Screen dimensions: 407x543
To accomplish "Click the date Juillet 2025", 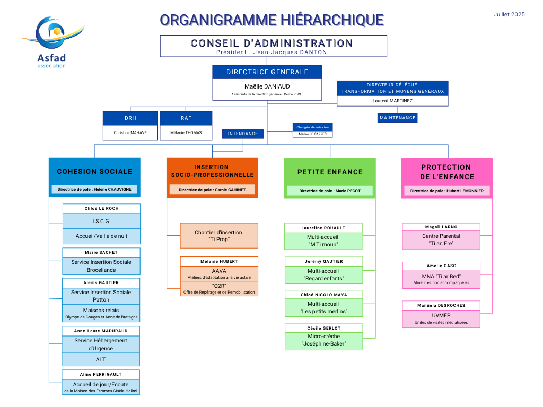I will tap(509, 14).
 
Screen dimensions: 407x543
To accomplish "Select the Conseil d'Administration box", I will tap(273, 46).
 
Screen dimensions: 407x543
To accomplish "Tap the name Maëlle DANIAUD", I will tap(267, 86).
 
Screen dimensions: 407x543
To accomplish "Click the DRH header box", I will tap(130, 118).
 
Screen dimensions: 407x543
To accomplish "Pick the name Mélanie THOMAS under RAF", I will tap(186, 133).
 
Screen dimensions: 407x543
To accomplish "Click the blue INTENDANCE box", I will tap(243, 134).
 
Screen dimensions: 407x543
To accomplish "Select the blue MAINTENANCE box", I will tap(397, 118).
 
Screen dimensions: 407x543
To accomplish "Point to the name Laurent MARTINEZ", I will tap(392, 101).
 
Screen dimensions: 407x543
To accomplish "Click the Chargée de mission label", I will tap(313, 127).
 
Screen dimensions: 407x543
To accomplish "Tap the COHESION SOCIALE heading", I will tap(94, 171).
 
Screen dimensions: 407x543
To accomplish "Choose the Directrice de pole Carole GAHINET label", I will tap(212, 190).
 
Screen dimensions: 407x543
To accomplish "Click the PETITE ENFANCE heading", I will tap(330, 172).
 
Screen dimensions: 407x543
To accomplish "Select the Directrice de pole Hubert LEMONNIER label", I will tap(446, 191).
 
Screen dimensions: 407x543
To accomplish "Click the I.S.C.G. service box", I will tap(101, 221).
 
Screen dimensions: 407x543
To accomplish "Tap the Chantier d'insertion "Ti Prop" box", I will tap(219, 236).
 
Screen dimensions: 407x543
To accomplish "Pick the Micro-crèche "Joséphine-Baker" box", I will tap(324, 340).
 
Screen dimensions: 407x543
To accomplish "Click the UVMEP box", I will tap(441, 318).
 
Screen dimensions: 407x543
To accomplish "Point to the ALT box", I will tap(101, 359).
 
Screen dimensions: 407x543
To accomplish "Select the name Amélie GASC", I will tap(441, 266).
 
